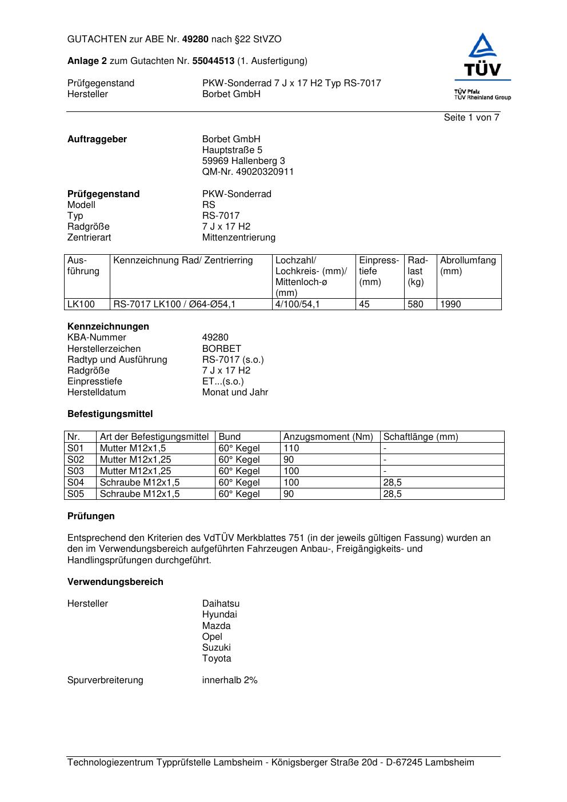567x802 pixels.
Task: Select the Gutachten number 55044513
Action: coord(213,61)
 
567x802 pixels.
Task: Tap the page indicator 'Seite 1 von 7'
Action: coord(471,118)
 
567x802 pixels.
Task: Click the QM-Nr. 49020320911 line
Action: coord(247,172)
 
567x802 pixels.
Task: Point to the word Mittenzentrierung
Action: coord(238,238)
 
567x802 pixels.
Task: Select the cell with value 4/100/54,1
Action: coord(297,304)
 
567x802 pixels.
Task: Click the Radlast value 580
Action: coord(416,304)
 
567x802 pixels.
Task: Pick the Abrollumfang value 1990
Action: coord(450,304)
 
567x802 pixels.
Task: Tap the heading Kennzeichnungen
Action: coord(108,327)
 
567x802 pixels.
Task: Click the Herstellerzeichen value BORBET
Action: coord(221,348)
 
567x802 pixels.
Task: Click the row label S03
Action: coord(75,471)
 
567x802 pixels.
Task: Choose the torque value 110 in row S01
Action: coord(291,448)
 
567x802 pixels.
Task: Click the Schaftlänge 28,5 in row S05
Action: coord(392,494)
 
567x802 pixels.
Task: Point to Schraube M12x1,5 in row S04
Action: coord(139,483)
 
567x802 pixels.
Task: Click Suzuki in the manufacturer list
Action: coord(216,648)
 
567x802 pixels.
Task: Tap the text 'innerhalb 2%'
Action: coord(229,680)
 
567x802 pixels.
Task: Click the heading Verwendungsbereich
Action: coord(115,582)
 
